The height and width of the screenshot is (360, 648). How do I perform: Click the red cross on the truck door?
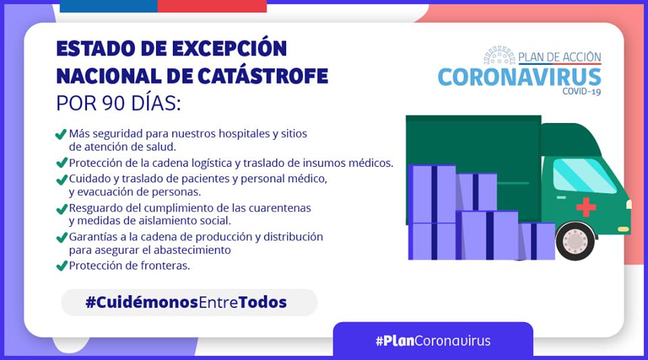(x=586, y=207)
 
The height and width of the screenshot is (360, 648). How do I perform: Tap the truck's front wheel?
(x=575, y=241)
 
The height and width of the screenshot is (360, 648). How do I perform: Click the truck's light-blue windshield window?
(x=583, y=174)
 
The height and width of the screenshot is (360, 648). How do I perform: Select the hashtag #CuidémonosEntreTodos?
(x=186, y=302)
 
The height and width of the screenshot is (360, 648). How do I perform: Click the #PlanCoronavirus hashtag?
(x=433, y=340)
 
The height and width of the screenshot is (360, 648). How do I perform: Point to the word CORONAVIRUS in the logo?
(x=520, y=77)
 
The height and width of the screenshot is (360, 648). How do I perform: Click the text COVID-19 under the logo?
(x=581, y=91)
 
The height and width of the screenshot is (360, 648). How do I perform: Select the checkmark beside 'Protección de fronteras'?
(x=61, y=265)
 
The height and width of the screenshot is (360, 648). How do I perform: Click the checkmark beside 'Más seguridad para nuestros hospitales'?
(x=61, y=134)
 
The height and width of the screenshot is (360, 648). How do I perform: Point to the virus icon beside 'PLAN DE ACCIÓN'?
(x=500, y=55)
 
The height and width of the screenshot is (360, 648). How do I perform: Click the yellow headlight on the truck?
(x=623, y=229)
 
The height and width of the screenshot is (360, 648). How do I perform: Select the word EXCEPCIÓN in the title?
(x=230, y=49)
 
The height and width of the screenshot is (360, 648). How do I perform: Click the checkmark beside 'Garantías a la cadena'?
(x=61, y=237)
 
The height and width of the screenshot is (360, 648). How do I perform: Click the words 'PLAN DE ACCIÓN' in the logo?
(x=560, y=57)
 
